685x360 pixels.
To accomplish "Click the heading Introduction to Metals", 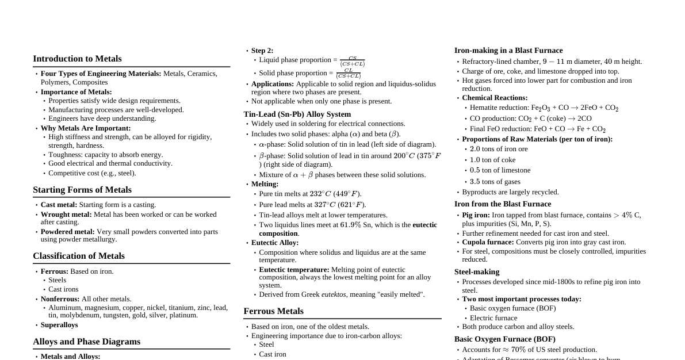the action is [77, 59].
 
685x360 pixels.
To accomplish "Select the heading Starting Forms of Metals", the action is [82, 190].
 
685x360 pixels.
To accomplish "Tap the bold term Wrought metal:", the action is [66, 215].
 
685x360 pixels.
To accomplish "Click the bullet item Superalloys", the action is [59, 325].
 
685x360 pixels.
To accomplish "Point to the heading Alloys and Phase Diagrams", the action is [86, 342].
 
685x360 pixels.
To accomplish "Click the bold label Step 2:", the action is [262, 51].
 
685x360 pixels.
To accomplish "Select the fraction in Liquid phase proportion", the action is [352, 61].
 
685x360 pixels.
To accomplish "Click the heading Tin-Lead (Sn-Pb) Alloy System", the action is [297, 114].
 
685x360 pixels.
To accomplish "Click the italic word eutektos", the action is [334, 294].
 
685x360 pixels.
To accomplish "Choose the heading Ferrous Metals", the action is [273, 311].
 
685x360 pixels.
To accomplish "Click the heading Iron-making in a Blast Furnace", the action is [508, 51].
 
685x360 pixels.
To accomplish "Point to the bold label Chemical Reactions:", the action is [495, 98].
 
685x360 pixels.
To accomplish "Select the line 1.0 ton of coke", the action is [492, 160].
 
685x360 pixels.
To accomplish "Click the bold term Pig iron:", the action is [476, 215].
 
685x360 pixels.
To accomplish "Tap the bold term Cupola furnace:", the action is [488, 242].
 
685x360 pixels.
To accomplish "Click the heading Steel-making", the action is [477, 272].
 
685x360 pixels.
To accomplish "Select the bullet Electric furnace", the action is [493, 318].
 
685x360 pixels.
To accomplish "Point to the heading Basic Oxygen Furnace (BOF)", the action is [504, 339].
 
